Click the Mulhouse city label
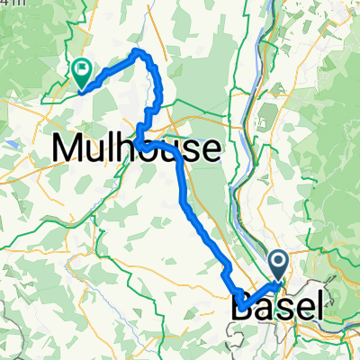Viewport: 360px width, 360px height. click(137, 148)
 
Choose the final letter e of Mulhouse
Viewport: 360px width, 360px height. click(209, 150)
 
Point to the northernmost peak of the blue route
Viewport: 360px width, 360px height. click(137, 50)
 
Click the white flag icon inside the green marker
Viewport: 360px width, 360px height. click(83, 66)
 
